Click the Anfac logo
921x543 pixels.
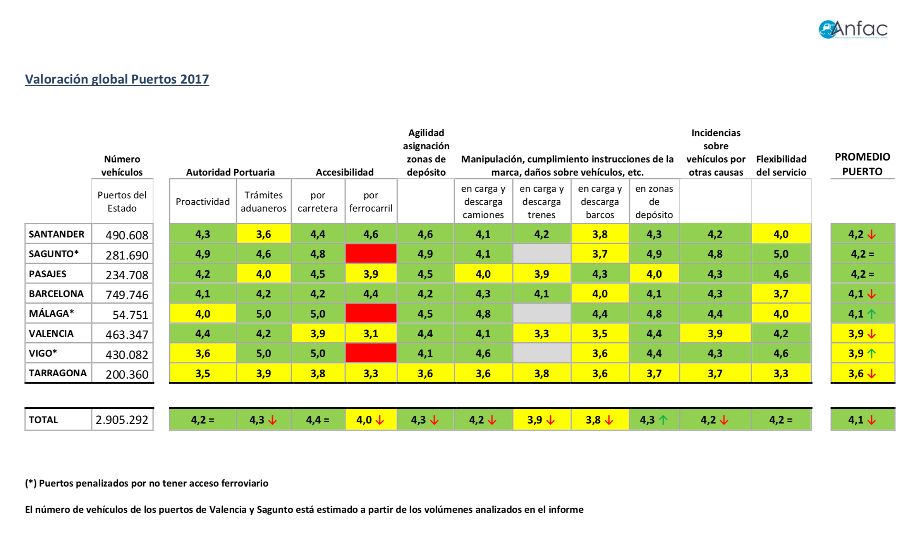[853, 30]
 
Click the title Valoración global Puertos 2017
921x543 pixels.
[117, 79]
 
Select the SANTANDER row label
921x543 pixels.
[57, 234]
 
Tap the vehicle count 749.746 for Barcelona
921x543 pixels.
[127, 295]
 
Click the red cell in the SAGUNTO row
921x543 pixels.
[371, 254]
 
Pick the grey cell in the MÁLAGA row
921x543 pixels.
[541, 314]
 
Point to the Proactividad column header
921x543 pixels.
[203, 201]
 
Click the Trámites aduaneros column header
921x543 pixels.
[263, 201]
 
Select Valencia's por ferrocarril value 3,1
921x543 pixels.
[371, 333]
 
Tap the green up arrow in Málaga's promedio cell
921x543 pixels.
[871, 314]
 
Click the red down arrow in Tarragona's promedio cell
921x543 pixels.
[871, 374]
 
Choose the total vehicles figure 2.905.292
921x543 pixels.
[122, 420]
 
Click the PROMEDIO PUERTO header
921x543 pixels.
[862, 164]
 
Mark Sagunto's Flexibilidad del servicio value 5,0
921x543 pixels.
[781, 254]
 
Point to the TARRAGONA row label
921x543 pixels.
[58, 373]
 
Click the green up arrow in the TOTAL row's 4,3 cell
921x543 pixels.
[663, 420]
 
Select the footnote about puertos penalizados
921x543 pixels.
[147, 483]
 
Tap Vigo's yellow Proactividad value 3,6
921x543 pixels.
[203, 353]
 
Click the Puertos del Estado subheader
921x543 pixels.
[122, 201]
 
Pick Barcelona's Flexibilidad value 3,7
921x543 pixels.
[781, 294]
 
